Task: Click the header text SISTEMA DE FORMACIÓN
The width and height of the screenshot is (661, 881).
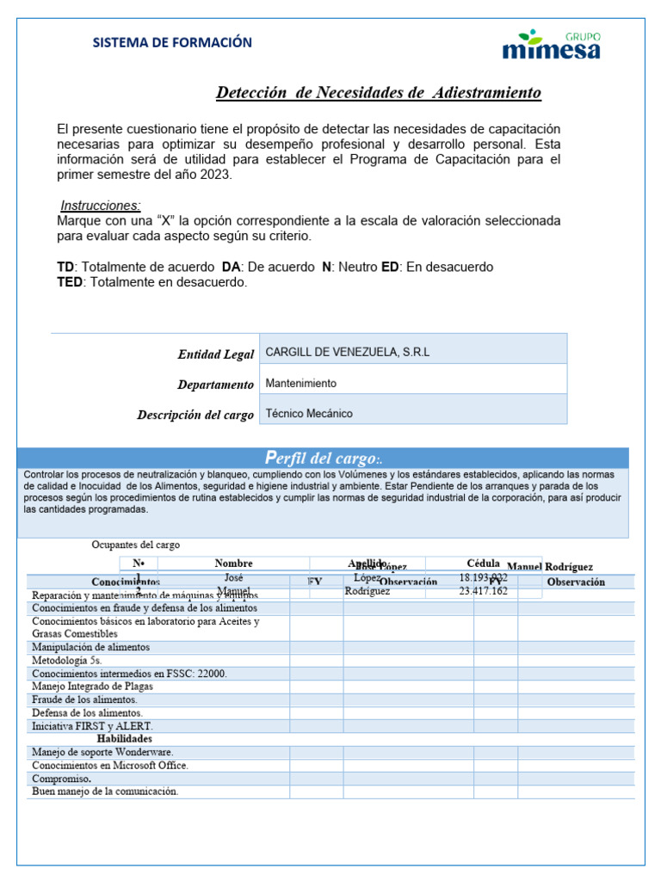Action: pyautogui.click(x=172, y=42)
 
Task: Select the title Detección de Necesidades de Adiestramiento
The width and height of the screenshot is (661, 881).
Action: pyautogui.click(x=378, y=92)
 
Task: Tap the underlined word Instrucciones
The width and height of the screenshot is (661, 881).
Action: pyautogui.click(x=101, y=206)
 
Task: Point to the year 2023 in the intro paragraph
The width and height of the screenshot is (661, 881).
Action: pyautogui.click(x=214, y=175)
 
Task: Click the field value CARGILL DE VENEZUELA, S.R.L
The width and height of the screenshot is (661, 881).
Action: pyautogui.click(x=347, y=352)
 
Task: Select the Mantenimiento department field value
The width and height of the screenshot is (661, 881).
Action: pyautogui.click(x=300, y=383)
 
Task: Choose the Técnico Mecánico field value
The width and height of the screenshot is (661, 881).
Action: pyautogui.click(x=308, y=413)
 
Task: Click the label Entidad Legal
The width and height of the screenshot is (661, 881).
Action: pyautogui.click(x=215, y=354)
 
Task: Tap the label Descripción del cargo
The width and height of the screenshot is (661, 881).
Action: pyautogui.click(x=195, y=415)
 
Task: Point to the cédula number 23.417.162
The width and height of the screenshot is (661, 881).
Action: pyautogui.click(x=483, y=591)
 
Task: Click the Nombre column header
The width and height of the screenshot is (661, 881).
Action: pyautogui.click(x=233, y=563)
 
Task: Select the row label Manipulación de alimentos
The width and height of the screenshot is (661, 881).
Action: pyautogui.click(x=90, y=647)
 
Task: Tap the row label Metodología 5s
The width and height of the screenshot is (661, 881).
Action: pyautogui.click(x=66, y=660)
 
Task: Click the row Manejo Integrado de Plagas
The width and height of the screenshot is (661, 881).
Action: pyautogui.click(x=94, y=687)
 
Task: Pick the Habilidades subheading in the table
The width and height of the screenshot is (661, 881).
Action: pyautogui.click(x=124, y=739)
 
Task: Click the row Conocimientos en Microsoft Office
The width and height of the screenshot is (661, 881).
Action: pyautogui.click(x=109, y=765)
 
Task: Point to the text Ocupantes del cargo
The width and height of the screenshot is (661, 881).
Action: pyautogui.click(x=136, y=545)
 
